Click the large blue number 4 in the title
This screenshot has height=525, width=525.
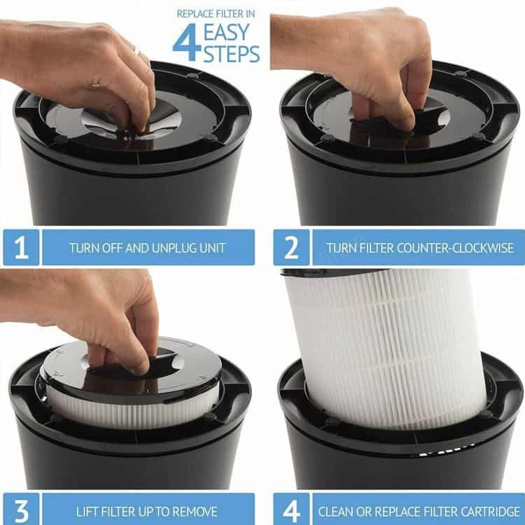187,42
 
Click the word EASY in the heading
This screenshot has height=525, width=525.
227,32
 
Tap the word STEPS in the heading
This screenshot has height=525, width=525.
232,54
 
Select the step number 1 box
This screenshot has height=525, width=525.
21,247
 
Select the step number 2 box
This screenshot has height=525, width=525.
291,247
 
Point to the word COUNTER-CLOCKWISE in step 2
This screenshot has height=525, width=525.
455,248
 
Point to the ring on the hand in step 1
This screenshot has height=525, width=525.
137,51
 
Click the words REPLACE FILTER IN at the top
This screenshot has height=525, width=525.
216,14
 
